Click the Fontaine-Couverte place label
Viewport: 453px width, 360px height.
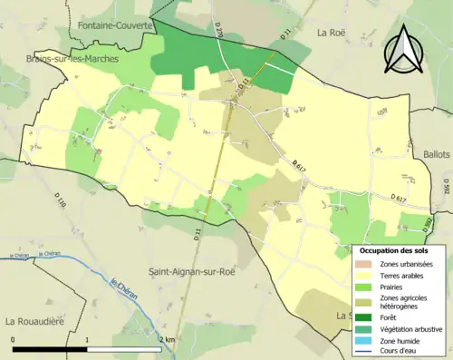[x=115, y=25]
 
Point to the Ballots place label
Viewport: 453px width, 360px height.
[x=437, y=154]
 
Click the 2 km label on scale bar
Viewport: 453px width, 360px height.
[x=166, y=339]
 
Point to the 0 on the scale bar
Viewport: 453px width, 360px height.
[x=14, y=339]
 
